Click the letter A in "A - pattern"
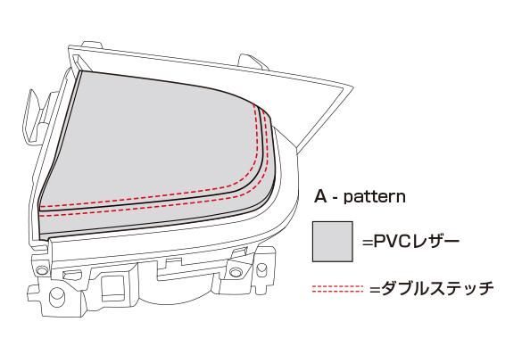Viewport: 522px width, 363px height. (x=321, y=196)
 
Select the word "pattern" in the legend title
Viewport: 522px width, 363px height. (x=375, y=197)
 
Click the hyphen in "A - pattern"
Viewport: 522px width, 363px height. (x=336, y=198)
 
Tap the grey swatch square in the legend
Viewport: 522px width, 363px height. (x=332, y=241)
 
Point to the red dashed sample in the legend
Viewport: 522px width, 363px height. (x=337, y=289)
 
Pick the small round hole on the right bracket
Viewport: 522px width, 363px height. (x=236, y=272)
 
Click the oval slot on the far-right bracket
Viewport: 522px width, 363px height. (x=262, y=270)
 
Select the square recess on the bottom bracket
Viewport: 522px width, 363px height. (x=113, y=285)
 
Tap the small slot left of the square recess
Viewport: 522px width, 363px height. (x=72, y=275)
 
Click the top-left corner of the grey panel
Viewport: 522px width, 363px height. (x=81, y=71)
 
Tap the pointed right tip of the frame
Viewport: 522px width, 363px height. (x=353, y=87)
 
